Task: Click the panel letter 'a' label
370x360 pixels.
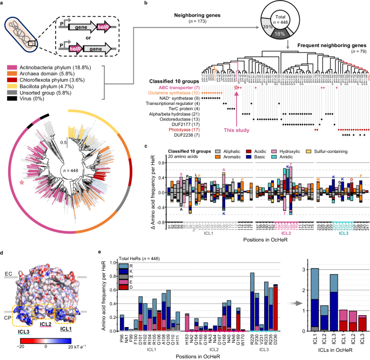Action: tap(3, 4)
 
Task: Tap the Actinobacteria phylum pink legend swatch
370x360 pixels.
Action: tap(10, 67)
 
